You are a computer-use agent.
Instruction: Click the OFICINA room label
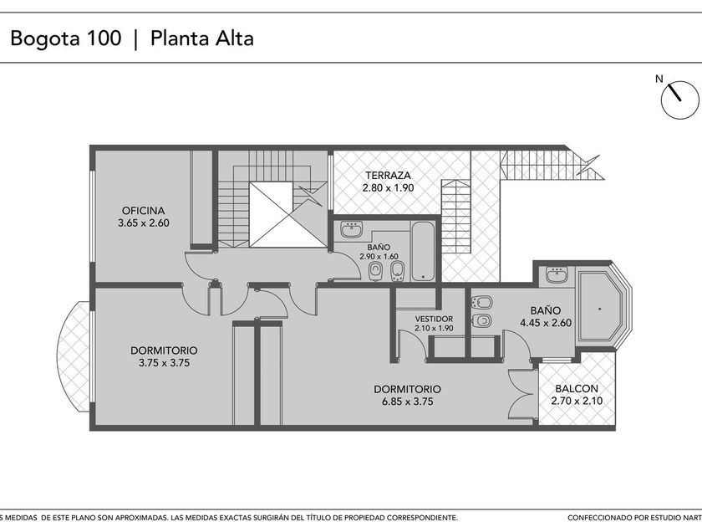(x=143, y=210)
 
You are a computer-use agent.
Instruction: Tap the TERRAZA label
(x=388, y=175)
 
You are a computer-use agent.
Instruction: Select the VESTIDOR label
(x=434, y=319)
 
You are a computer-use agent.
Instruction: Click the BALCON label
(x=577, y=388)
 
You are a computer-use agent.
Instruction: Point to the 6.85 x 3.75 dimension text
(x=408, y=402)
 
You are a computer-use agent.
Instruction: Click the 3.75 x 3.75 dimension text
(x=164, y=363)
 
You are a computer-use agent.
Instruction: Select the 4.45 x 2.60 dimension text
(x=546, y=323)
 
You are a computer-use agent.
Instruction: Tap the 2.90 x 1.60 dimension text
(x=379, y=257)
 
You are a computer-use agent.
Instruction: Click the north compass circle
(x=680, y=100)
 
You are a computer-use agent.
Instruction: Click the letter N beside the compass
(x=659, y=79)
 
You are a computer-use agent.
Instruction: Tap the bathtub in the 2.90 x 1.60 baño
(x=423, y=251)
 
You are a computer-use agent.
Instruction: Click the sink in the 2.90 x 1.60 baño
(x=352, y=229)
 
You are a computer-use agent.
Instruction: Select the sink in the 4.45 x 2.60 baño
(x=557, y=274)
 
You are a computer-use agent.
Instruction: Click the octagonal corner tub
(x=600, y=309)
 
